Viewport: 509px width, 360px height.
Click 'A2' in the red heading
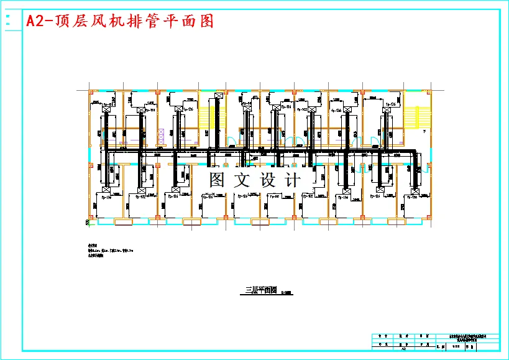36,21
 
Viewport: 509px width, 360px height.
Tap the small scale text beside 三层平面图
287,292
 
